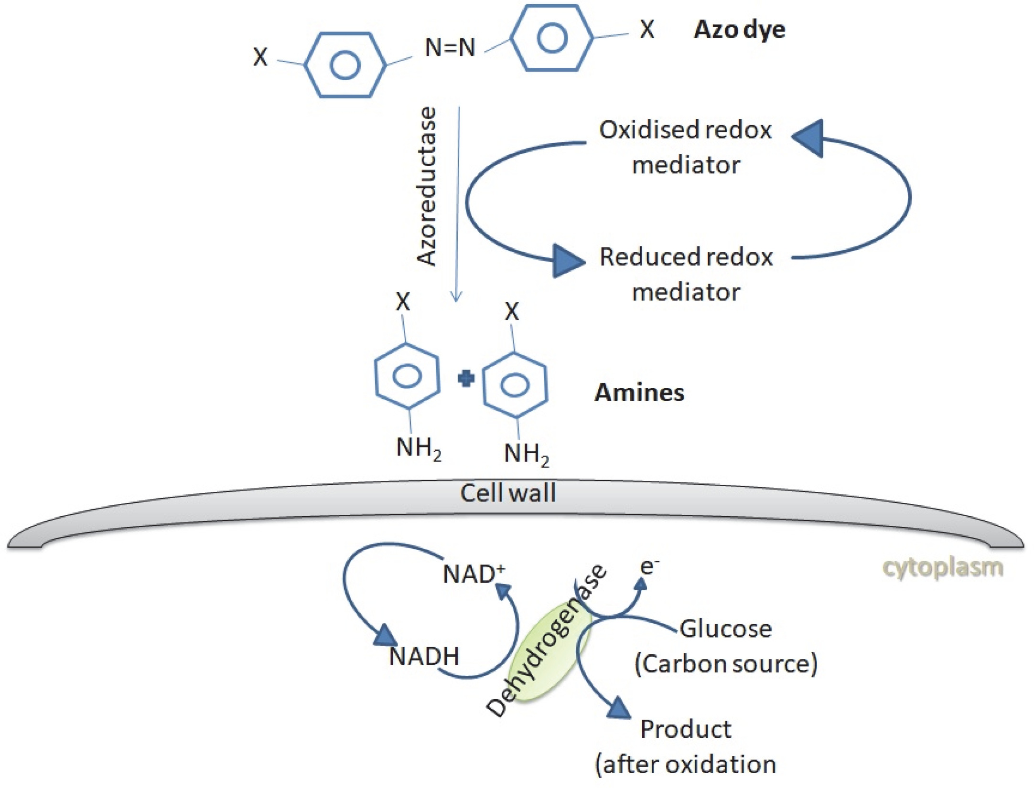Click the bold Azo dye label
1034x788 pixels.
point(739,30)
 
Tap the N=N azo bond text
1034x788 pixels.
point(450,48)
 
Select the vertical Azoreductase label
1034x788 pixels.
point(427,186)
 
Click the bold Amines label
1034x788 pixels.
point(639,393)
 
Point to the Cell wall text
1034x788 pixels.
point(508,493)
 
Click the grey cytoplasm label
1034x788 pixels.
point(942,568)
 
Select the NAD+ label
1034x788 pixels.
point(473,574)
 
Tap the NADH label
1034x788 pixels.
point(424,656)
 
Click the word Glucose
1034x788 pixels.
point(726,628)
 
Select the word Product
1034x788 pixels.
point(686,729)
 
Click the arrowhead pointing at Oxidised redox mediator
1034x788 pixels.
point(809,138)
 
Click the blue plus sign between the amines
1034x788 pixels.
point(466,379)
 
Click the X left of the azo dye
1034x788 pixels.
point(260,57)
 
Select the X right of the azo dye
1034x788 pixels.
point(647,30)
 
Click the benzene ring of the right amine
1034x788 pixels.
point(515,385)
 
